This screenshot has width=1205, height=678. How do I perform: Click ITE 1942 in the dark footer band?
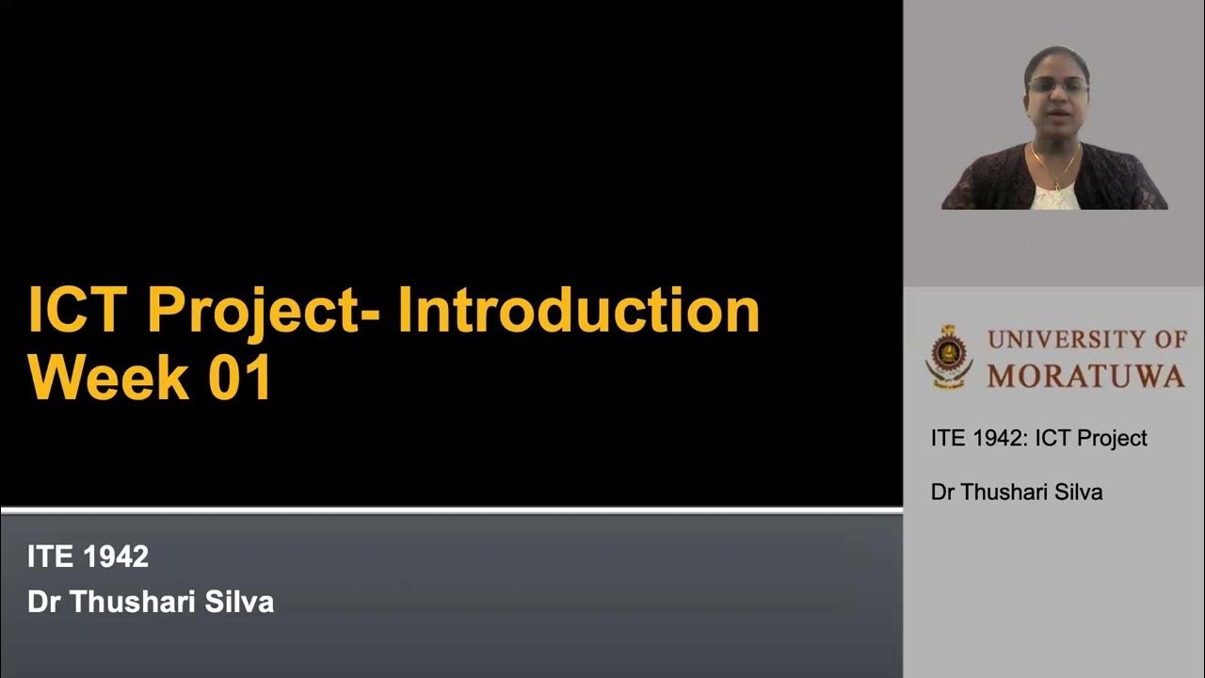[88, 557]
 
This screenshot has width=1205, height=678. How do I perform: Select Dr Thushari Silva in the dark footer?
[151, 603]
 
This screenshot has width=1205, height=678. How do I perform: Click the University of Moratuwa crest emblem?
[948, 358]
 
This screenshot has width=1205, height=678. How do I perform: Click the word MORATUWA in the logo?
[1085, 376]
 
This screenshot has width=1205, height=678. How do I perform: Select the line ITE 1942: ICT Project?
[1038, 438]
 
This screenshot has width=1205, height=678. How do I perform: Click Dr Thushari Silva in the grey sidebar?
[1016, 492]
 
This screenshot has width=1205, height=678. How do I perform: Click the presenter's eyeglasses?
[1056, 86]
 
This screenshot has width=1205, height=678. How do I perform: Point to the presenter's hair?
[1058, 56]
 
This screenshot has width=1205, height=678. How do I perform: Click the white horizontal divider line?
[451, 510]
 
